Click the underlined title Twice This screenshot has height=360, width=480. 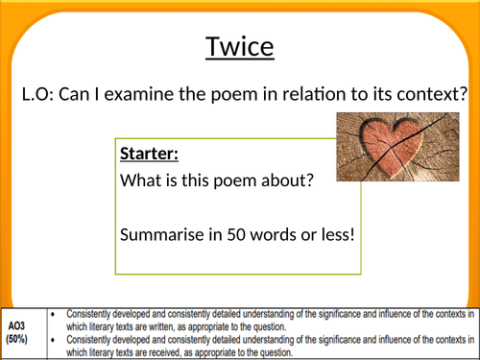pyautogui.click(x=240, y=46)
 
